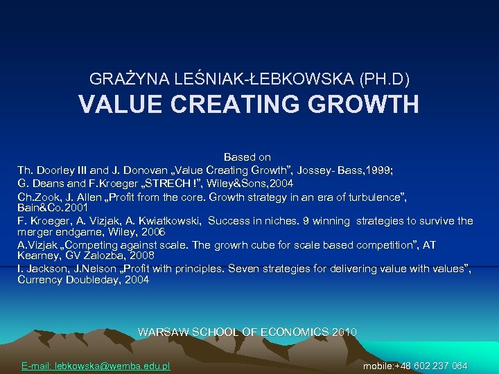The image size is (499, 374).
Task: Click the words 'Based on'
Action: [247, 158]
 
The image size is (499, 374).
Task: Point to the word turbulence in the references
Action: [369, 197]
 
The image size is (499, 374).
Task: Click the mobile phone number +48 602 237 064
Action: [430, 366]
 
